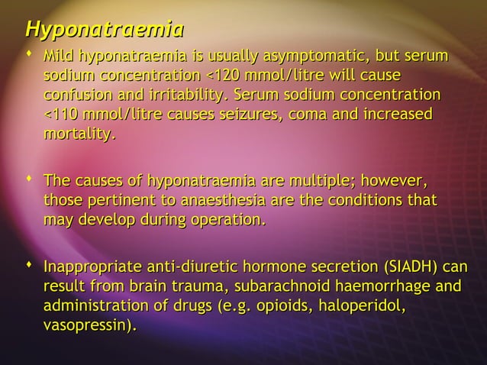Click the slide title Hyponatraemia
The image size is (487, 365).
click(x=104, y=31)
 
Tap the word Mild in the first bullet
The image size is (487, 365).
click(x=60, y=57)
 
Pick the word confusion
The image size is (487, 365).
click(x=82, y=97)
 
